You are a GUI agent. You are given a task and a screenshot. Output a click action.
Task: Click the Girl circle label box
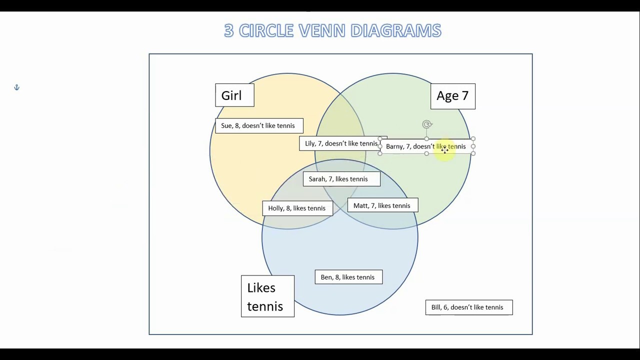click(234, 95)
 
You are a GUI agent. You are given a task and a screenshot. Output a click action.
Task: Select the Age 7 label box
click(452, 96)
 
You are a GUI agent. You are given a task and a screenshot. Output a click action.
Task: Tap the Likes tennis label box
click(267, 296)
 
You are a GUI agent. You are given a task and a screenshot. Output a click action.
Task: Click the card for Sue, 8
click(258, 125)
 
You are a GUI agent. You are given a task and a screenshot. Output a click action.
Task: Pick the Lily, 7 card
click(341, 143)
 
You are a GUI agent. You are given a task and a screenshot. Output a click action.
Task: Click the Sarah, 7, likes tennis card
click(341, 179)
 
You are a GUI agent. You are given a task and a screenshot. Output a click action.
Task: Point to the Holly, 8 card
click(297, 208)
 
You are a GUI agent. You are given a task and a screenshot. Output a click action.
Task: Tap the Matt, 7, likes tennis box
click(382, 205)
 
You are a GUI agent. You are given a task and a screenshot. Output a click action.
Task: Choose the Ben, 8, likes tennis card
click(348, 277)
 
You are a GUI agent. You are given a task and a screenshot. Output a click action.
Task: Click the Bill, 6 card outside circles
click(468, 307)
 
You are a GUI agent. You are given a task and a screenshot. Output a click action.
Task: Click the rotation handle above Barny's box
click(426, 124)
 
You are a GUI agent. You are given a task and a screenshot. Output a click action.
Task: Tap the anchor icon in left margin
click(16, 87)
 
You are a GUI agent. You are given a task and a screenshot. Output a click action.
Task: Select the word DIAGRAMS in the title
click(395, 30)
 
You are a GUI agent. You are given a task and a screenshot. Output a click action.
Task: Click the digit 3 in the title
click(228, 30)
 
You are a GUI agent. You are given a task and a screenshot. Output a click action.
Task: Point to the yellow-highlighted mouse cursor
click(444, 150)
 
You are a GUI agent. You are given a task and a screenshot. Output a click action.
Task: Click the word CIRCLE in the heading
click(266, 30)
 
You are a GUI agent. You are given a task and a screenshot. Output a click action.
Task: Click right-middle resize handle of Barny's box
click(473, 146)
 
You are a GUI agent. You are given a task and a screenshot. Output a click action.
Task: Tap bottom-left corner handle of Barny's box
click(380, 153)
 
